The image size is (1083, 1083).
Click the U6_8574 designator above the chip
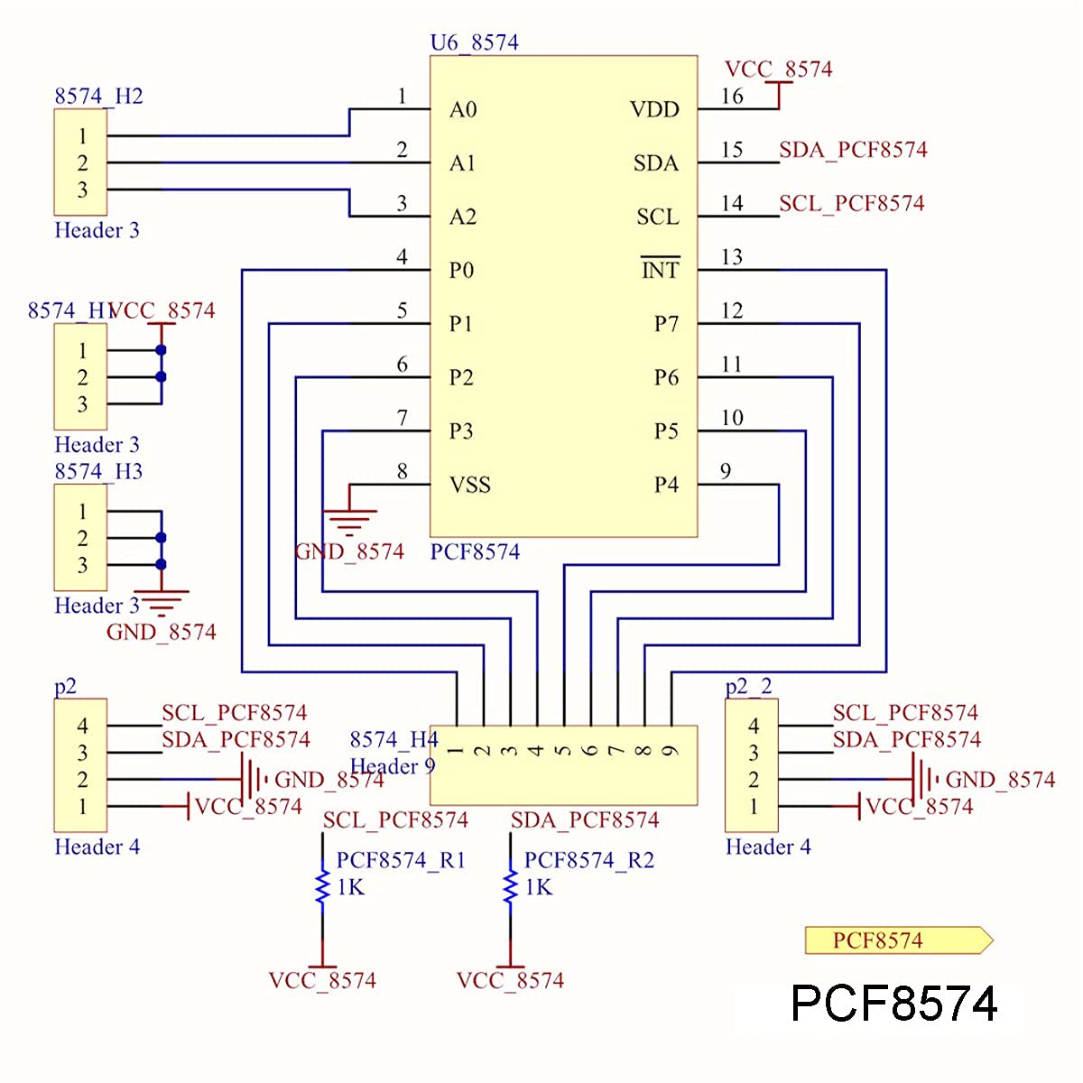474,42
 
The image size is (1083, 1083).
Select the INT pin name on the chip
660,270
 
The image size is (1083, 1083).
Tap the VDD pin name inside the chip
654,109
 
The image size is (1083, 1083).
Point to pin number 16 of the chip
732,97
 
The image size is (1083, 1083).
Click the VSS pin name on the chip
470,485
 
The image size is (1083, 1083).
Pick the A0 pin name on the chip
463,109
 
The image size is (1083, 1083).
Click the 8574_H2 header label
98,96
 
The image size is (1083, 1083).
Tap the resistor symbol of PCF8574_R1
322,887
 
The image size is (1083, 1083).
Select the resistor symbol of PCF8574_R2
510,887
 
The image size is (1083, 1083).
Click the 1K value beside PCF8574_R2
539,887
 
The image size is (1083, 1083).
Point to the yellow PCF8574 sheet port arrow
898,940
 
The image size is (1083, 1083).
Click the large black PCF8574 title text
893,1004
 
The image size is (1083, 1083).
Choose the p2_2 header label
749,686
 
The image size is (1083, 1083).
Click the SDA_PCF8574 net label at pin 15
853,150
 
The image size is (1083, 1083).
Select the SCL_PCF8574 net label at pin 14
851,203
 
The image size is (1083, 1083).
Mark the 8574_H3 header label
98,471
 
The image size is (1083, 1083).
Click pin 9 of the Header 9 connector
671,750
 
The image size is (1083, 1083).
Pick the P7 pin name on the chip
666,324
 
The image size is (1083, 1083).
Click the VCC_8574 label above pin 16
778,69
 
